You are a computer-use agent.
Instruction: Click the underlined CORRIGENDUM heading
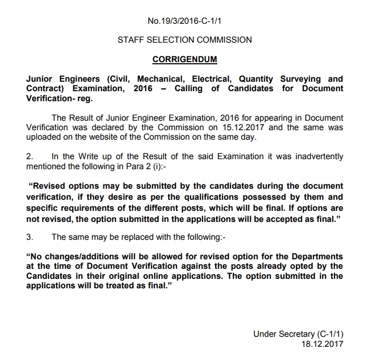pos(185,60)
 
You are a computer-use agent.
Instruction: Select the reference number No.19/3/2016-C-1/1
pos(185,22)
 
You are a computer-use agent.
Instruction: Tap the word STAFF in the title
pos(131,40)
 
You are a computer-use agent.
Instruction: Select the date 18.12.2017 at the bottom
pos(322,344)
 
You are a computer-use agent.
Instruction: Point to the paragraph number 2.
pos(30,157)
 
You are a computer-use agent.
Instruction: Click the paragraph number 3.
pos(30,237)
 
